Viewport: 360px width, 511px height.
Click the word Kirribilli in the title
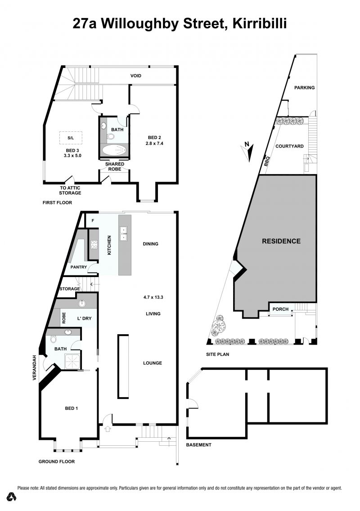260,24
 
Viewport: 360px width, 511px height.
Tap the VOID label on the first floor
135,76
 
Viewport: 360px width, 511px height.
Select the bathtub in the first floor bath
114,150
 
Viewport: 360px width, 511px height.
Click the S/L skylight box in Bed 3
71,138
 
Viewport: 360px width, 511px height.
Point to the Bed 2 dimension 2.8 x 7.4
154,143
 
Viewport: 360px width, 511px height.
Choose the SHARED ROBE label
115,166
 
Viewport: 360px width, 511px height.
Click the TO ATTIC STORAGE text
70,190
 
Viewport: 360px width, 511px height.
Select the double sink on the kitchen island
124,233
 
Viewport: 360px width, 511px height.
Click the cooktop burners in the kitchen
94,244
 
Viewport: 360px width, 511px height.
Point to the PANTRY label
79,267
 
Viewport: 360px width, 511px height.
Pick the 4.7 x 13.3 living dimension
153,297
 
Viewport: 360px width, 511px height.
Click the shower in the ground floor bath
72,362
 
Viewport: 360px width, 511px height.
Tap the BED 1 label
72,408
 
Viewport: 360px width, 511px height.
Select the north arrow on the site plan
248,151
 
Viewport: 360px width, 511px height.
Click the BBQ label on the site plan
267,161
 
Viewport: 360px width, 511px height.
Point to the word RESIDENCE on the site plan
281,241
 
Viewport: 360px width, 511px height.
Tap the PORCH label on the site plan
280,309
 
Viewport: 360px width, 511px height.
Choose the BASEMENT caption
198,444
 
